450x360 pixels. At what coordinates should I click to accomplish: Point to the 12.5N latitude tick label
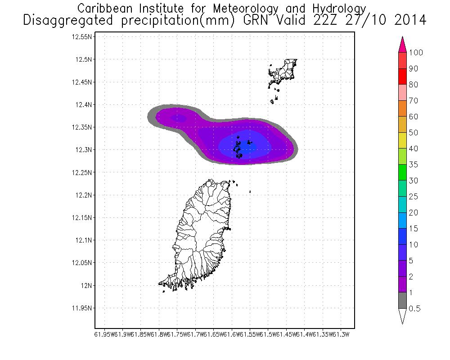84,59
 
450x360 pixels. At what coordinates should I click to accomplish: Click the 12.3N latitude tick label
84,150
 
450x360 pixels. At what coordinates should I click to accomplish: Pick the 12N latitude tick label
86,285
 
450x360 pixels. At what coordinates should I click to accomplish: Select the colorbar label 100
416,53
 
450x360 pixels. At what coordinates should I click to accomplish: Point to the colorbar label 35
414,165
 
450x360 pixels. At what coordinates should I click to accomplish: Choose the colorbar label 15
414,229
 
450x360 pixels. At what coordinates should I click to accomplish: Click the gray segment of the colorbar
403,300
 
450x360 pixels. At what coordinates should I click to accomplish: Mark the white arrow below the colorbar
403,316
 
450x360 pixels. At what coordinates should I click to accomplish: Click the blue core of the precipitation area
252,145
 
